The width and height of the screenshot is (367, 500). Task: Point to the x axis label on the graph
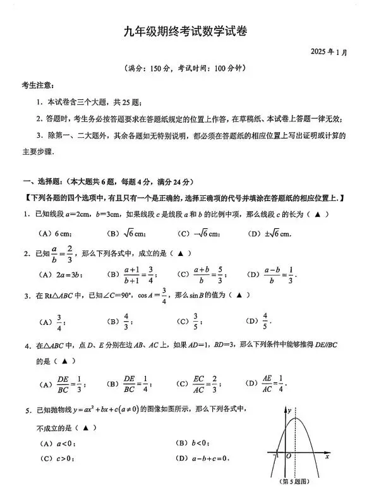point(327,456)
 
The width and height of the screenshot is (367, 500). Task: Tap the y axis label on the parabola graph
point(289,412)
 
